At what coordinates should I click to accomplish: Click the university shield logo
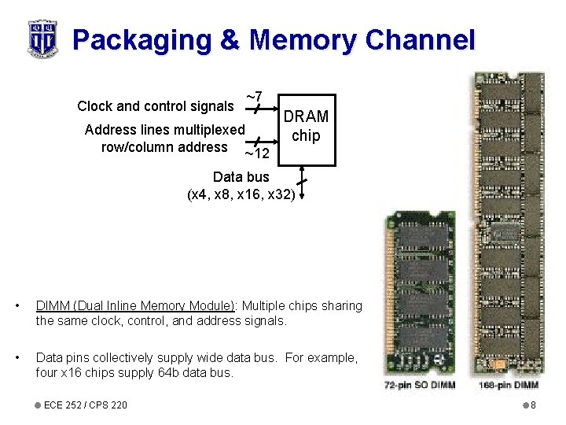click(x=41, y=39)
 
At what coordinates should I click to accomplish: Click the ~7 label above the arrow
click(x=253, y=97)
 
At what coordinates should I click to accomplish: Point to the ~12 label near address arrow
click(x=257, y=153)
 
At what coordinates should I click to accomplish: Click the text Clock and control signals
click(x=155, y=106)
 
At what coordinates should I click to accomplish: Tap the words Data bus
click(x=241, y=177)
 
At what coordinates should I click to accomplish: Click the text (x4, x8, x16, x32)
click(x=241, y=194)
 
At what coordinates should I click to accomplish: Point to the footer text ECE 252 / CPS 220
click(x=86, y=405)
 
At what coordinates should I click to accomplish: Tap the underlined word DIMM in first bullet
click(x=53, y=305)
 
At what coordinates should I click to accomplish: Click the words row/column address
click(x=164, y=146)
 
